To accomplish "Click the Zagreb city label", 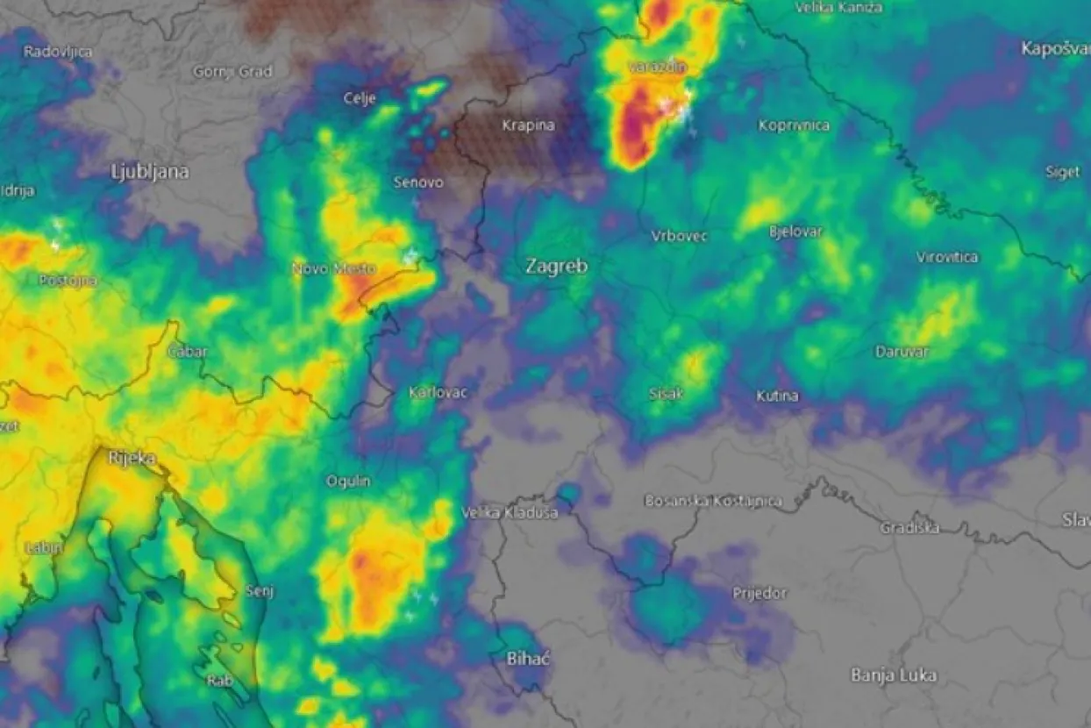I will coord(556,266).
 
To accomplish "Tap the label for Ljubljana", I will coord(150,172).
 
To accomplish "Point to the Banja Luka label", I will coord(894,675).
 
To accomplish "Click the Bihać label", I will coord(528,658).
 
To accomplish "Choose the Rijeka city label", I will coord(132,458).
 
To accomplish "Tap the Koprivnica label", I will coord(794,125).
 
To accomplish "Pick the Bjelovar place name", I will coord(795,232).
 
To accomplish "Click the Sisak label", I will coord(666,394).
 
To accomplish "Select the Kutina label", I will coord(777,396).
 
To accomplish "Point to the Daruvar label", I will coord(902,352).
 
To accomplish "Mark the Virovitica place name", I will coord(947,258).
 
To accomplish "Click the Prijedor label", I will coord(759,594).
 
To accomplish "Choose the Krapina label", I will coord(528,125).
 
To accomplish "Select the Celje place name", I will coord(361,98).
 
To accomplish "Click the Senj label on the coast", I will coord(260,591).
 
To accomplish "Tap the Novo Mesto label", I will coord(333,268).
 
